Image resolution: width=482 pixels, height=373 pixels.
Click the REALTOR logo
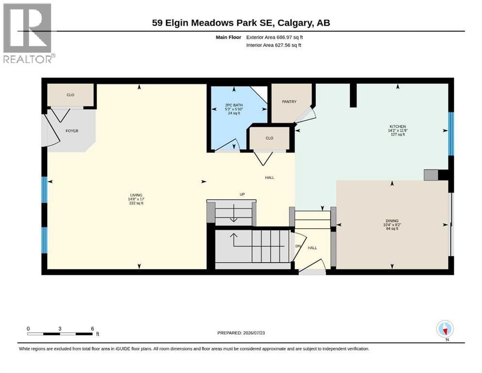(x=28, y=33)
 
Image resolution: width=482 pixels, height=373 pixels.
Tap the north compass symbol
(x=445, y=329)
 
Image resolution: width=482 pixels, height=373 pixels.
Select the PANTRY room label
(x=289, y=102)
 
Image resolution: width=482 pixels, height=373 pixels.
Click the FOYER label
(x=72, y=131)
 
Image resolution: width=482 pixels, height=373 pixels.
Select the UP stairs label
(x=242, y=194)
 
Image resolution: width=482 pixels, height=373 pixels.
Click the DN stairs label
(x=298, y=246)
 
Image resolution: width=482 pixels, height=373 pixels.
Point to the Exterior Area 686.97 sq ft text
(x=275, y=37)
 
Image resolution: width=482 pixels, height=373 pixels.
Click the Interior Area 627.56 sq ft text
(x=274, y=45)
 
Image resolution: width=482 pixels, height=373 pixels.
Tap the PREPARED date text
(x=241, y=333)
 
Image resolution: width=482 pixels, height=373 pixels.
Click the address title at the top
(x=241, y=23)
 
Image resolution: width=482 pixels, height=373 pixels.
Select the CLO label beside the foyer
(x=70, y=95)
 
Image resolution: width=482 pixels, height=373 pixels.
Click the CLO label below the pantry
(x=269, y=138)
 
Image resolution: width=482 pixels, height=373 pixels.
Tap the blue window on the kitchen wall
(x=451, y=134)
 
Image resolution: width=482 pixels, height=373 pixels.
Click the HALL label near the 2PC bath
(x=269, y=177)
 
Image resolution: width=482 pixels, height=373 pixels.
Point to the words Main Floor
(x=229, y=37)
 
